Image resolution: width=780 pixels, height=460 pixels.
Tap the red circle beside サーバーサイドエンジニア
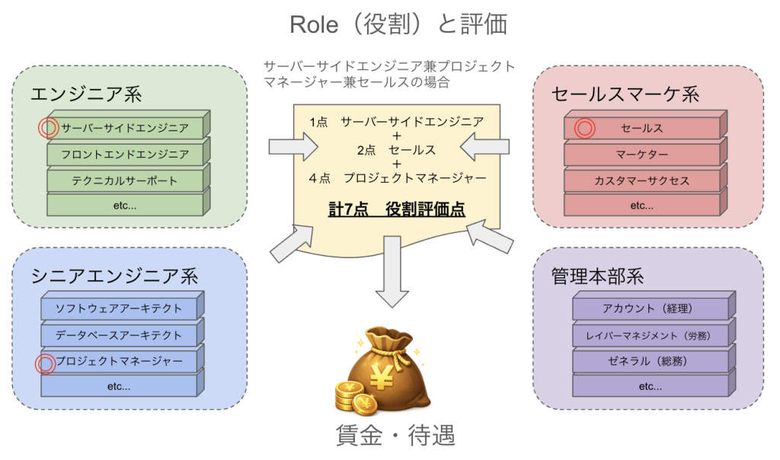[x=48, y=128]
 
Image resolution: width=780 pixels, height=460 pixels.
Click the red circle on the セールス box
[x=584, y=128]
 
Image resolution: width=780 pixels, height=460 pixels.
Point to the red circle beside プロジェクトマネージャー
[x=45, y=363]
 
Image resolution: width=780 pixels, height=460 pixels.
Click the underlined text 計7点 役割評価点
[x=396, y=209]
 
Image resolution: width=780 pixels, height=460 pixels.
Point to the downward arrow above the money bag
[x=392, y=271]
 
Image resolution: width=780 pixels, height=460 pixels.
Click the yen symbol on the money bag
[x=382, y=379]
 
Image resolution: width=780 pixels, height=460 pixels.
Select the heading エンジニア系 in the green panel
[x=86, y=94]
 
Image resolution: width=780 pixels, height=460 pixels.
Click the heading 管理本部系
[x=597, y=276]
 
